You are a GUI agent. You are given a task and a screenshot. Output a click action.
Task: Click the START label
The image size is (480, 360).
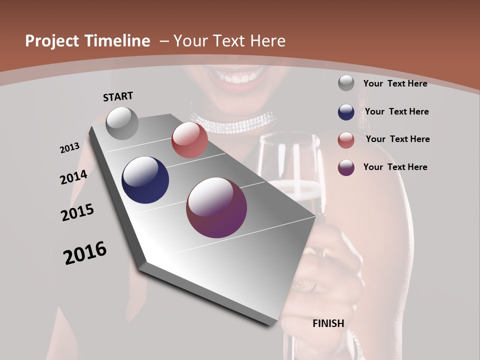118,96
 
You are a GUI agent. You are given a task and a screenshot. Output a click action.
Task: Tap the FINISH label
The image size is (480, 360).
328,323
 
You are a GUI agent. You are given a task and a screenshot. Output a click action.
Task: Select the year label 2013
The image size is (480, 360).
69,148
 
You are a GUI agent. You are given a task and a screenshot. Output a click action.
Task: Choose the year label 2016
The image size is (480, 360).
85,252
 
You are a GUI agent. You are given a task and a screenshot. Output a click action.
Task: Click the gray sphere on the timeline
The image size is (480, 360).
122,123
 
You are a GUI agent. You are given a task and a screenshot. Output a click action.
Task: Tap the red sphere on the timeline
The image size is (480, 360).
189,140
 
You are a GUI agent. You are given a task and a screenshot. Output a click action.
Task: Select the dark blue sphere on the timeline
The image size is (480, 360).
145,180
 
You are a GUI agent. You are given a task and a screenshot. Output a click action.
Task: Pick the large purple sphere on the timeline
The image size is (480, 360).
216,207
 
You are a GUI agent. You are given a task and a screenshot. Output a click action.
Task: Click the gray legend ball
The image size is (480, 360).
346,83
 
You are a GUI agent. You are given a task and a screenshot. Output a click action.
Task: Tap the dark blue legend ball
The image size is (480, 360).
346,112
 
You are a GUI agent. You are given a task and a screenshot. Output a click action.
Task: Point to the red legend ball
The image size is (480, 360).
346,139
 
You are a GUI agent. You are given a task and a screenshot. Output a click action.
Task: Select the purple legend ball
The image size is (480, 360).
346,167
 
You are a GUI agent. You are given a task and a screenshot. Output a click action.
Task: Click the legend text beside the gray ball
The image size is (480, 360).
395,83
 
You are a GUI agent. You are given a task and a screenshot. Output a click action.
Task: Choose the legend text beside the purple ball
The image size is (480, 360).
395,167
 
